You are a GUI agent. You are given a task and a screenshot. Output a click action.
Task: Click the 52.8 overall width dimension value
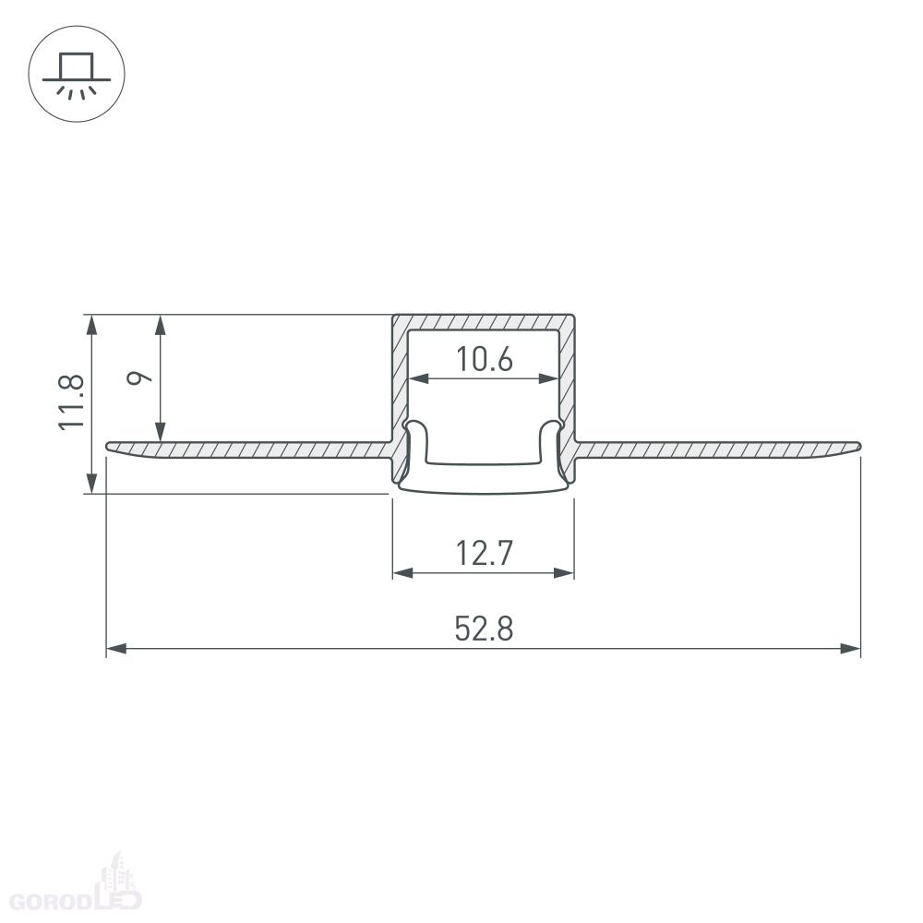[484, 628]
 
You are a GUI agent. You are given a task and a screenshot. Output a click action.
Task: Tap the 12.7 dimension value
[484, 553]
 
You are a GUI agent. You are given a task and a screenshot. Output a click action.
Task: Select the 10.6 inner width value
[484, 359]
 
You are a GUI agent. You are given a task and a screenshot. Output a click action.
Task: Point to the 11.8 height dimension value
[72, 402]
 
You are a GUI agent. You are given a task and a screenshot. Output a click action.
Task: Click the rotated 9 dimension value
[139, 378]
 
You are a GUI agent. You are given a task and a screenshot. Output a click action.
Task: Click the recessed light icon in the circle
[77, 74]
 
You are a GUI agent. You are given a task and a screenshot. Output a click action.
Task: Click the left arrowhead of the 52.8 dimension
[116, 649]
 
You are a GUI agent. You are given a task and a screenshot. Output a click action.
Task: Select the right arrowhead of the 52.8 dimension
[851, 649]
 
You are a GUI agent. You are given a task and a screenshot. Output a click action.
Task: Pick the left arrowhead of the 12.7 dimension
[402, 573]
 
